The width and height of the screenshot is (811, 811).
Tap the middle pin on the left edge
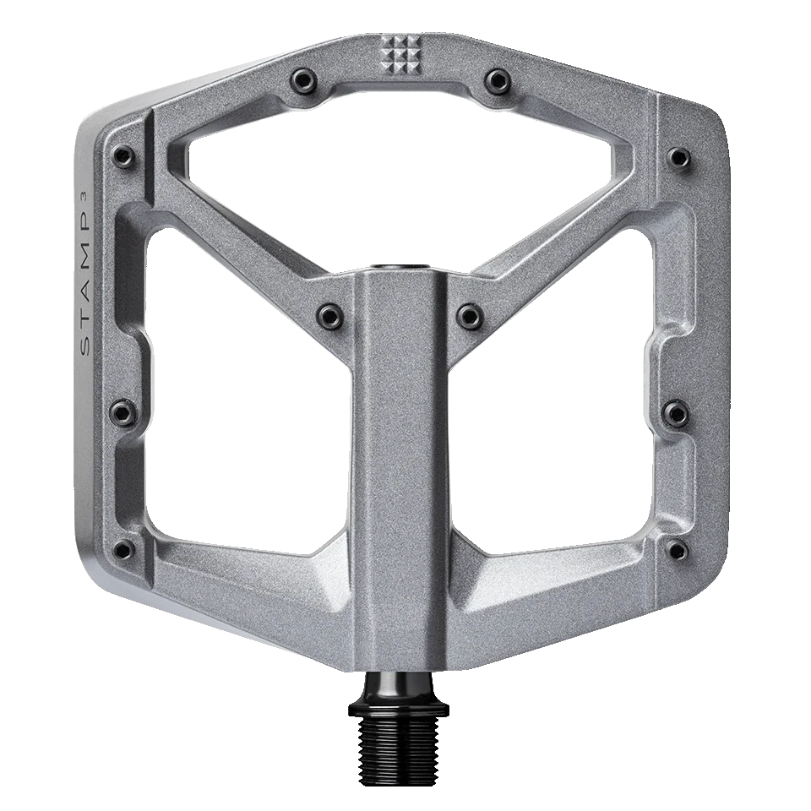123,412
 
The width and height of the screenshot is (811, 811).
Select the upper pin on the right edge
679,156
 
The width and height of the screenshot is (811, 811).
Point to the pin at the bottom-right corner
677,550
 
